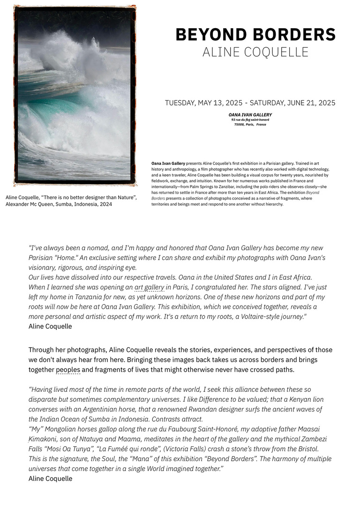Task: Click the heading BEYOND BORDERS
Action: (255, 35)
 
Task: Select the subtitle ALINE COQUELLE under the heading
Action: (255, 52)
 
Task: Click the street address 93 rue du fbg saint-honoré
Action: (250, 120)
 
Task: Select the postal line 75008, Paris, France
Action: (250, 125)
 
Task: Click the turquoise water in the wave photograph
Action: (52, 105)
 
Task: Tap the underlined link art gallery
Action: (149, 287)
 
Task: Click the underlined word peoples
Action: (68, 370)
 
